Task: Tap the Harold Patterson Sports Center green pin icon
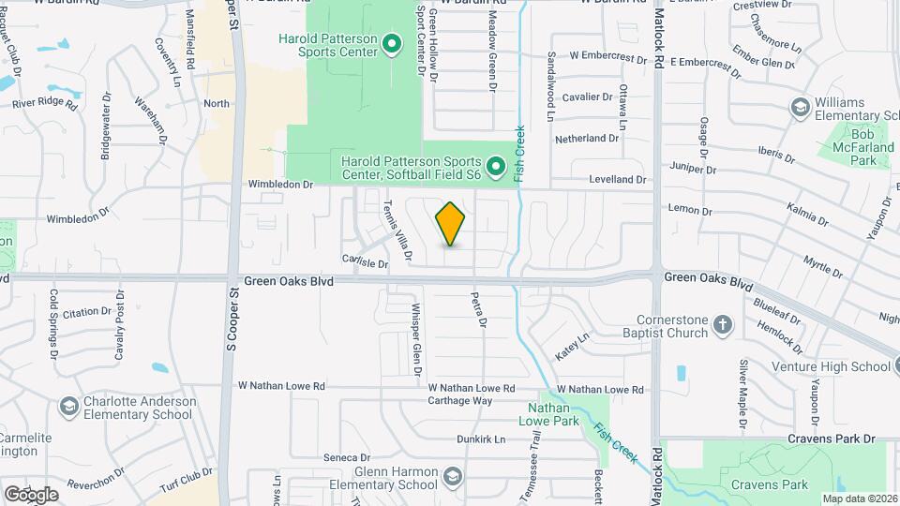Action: [x=392, y=44]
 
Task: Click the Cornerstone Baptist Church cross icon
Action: [x=723, y=325]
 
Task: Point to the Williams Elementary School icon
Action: [x=801, y=108]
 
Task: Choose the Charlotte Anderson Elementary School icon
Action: [x=68, y=408]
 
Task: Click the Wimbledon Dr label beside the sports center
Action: [x=279, y=185]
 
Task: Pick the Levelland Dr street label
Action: [x=617, y=179]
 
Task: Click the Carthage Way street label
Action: [x=460, y=400]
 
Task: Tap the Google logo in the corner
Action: [x=31, y=494]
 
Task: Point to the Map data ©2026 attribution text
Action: [x=859, y=499]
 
